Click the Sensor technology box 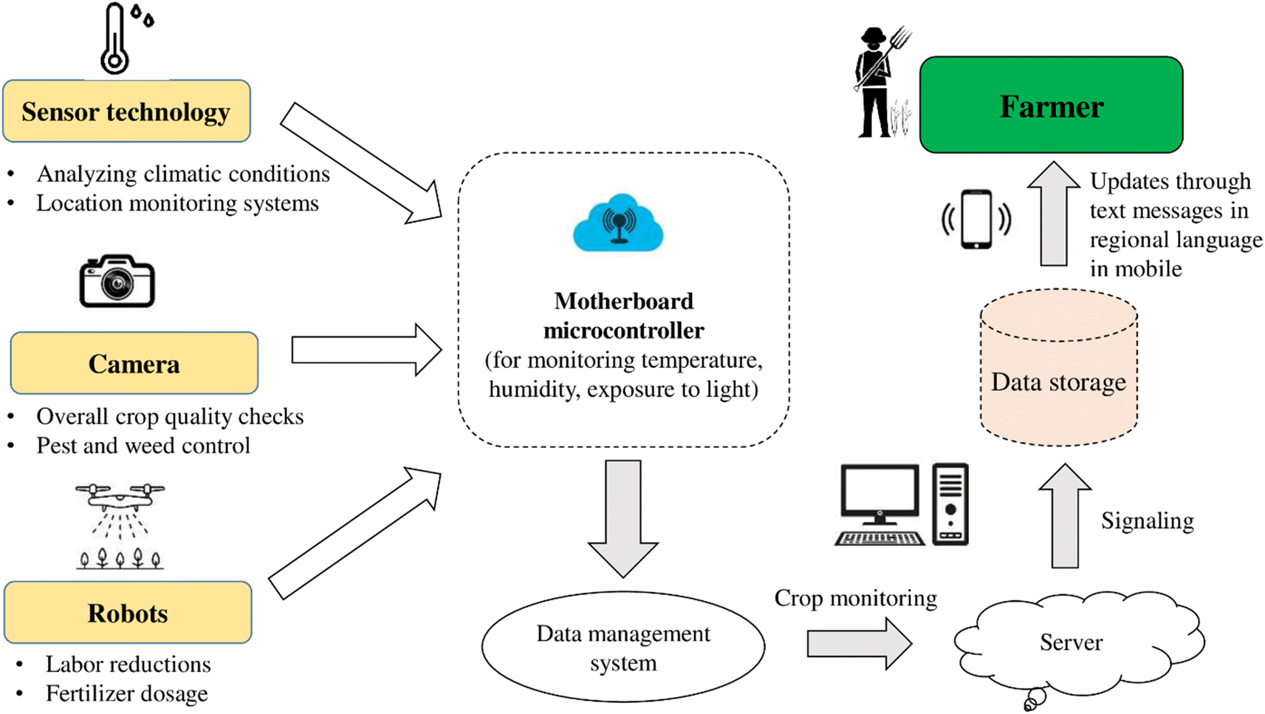[x=126, y=112]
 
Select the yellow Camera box [x=134, y=363]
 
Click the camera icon [x=117, y=282]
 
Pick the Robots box [x=128, y=613]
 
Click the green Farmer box [x=1051, y=106]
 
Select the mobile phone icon [x=976, y=220]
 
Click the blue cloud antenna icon [x=618, y=223]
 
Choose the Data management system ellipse [x=623, y=647]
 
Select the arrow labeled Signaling [x=1065, y=517]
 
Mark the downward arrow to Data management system [x=623, y=517]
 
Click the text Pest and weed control [x=143, y=446]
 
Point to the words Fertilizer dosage [x=126, y=693]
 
